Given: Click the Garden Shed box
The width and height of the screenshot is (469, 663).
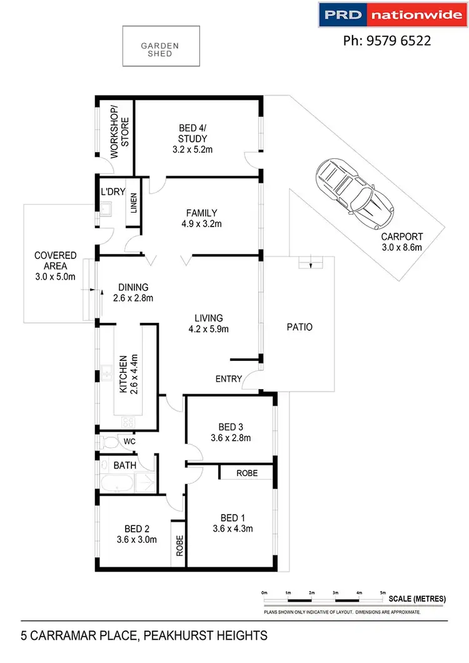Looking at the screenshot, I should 161,46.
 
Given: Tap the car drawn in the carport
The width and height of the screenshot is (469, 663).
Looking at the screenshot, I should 354,195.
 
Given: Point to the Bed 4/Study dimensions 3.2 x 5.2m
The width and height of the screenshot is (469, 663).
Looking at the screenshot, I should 193,149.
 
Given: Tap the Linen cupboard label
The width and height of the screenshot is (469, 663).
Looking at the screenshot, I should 134,204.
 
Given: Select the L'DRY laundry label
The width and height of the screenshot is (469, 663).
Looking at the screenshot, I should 110,193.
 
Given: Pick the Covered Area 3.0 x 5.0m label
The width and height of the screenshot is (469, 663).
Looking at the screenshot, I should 55,266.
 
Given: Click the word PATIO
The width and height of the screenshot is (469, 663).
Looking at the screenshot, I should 299,326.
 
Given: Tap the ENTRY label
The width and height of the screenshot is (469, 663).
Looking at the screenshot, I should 228,379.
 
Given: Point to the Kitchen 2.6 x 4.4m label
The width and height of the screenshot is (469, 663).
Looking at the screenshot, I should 128,374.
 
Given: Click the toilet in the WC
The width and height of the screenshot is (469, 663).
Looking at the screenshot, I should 111,443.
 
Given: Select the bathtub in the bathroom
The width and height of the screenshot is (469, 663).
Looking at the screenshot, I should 118,483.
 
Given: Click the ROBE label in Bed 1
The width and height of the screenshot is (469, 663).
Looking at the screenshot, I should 246,473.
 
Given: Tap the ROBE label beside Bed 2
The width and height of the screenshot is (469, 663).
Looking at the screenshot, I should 179,545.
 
